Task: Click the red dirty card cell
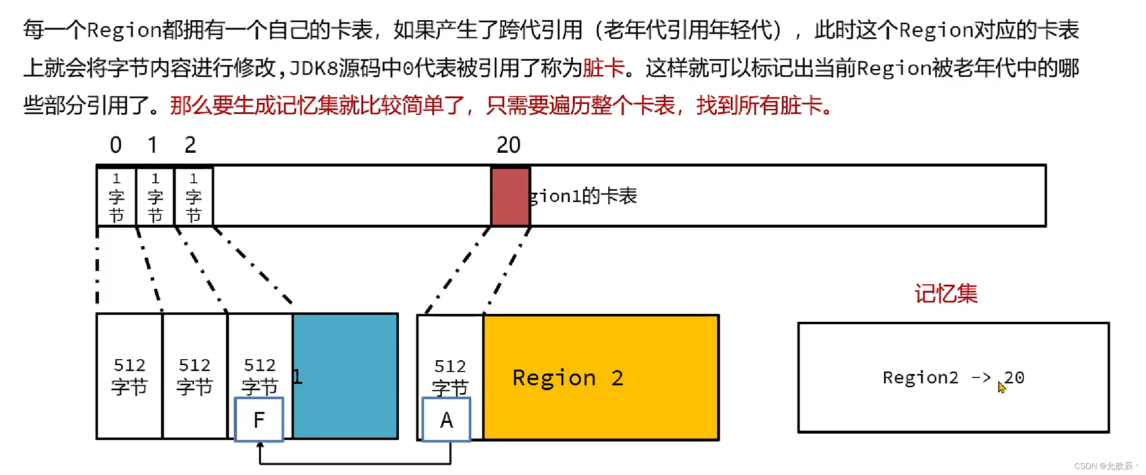510,196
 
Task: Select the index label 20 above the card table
508,145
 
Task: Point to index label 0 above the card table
115,145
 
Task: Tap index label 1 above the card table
152,145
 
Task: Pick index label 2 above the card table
190,145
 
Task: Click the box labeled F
259,420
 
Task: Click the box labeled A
447,420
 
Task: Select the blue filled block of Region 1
345,375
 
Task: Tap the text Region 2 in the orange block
568,378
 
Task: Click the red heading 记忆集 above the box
946,294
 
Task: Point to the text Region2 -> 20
953,377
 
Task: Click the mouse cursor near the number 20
1001,387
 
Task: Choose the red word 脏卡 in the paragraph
603,68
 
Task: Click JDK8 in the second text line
313,68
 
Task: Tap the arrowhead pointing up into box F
260,445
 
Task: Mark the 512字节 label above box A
450,376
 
